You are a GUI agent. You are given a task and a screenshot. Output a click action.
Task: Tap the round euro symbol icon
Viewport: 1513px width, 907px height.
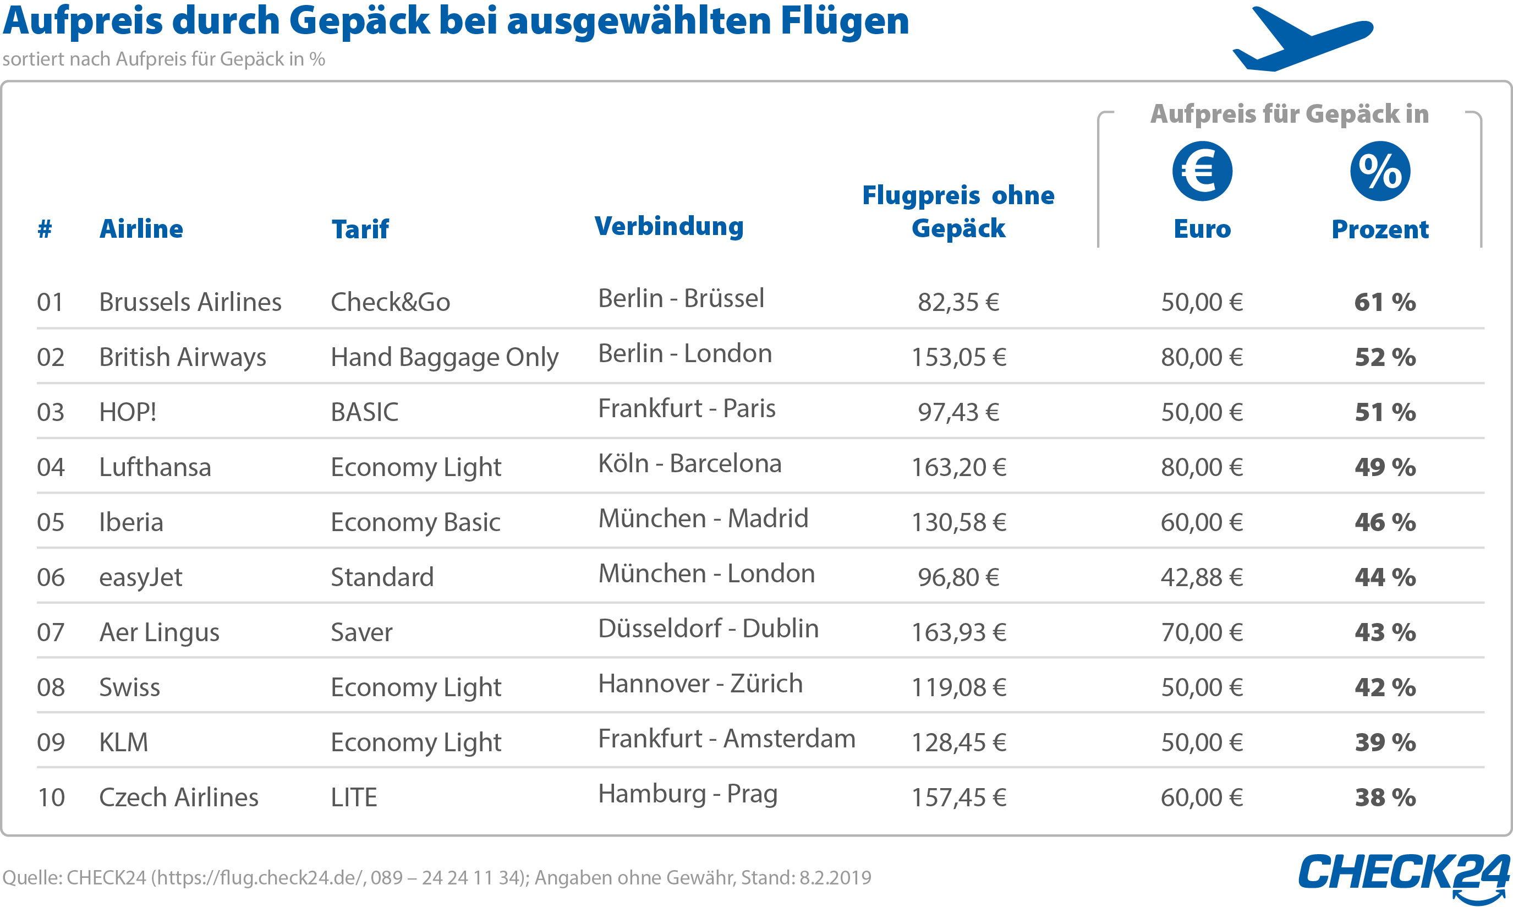1202,171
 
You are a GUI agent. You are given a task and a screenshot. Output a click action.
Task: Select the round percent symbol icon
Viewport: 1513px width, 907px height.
1379,171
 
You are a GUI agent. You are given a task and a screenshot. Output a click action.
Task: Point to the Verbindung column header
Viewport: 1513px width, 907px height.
669,226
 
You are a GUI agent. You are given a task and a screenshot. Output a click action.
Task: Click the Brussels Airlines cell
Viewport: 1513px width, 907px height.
190,302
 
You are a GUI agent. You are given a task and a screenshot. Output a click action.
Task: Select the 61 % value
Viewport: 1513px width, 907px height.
1384,303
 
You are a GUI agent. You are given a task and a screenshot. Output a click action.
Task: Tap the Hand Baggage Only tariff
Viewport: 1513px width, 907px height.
444,358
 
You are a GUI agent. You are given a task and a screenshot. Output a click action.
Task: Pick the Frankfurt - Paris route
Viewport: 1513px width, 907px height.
687,408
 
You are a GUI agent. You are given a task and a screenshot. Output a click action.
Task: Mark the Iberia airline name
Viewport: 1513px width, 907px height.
131,522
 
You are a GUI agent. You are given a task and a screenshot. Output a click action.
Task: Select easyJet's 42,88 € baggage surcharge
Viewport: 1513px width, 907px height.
1202,577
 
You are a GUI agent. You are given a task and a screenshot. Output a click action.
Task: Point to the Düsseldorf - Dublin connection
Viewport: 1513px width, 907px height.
708,629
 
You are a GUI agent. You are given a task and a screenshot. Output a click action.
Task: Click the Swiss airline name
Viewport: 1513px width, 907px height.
129,687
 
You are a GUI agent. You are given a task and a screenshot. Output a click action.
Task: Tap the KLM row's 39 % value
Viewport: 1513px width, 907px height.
1384,742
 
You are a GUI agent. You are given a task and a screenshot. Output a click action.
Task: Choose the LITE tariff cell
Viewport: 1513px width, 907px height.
354,797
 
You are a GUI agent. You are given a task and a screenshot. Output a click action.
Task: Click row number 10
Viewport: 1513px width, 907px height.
51,797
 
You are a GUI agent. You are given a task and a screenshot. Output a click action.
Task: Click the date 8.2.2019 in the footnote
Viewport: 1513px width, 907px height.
835,878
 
